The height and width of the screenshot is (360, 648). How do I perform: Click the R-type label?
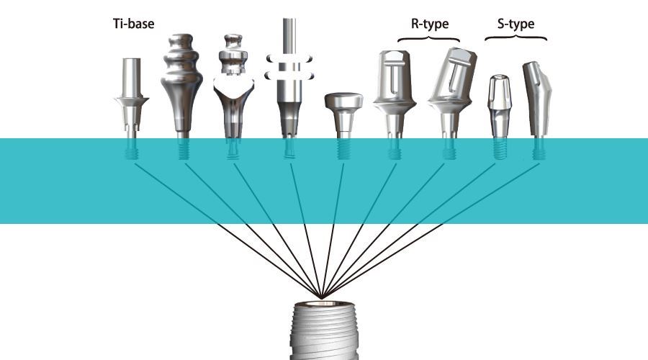(430, 24)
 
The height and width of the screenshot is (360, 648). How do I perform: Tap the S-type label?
(516, 24)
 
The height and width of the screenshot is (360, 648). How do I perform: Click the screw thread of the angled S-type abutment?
(538, 152)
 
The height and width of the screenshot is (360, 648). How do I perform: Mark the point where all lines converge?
(323, 297)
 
